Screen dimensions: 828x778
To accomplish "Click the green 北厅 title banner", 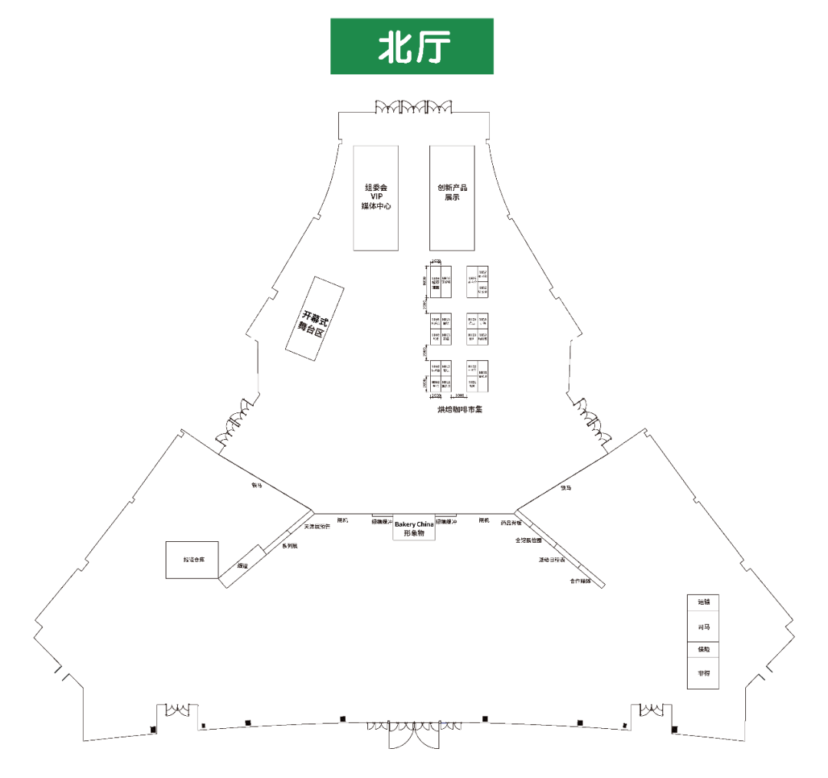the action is [x=412, y=47].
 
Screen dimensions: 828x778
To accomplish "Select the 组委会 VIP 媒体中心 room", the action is [x=376, y=197].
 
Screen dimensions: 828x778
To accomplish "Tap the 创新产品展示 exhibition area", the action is [x=452, y=197].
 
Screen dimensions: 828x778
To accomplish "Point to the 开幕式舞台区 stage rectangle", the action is [x=314, y=318].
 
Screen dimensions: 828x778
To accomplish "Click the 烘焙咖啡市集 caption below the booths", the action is [x=460, y=409].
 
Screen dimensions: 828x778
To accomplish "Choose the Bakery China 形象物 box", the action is [x=414, y=528].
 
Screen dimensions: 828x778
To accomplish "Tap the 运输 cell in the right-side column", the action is [x=703, y=602].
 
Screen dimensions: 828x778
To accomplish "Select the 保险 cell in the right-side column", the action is [x=703, y=650].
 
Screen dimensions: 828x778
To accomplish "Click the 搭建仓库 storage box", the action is [x=192, y=560].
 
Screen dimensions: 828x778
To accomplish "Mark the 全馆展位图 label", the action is [x=528, y=540].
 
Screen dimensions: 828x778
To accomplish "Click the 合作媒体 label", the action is [x=580, y=581].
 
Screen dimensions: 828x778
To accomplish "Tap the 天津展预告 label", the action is [x=317, y=527].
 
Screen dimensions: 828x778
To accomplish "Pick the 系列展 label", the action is [x=289, y=546].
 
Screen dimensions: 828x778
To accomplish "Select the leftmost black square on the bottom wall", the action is [x=153, y=729].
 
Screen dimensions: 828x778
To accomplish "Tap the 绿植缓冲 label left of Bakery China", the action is [x=382, y=522].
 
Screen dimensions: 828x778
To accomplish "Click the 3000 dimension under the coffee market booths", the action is [x=459, y=396].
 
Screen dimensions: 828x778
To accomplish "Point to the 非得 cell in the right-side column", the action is [x=703, y=673].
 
